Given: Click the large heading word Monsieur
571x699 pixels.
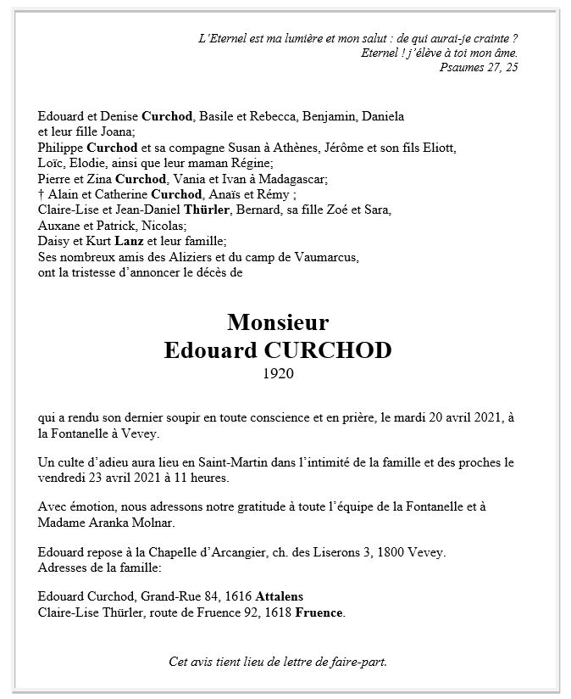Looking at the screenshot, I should pyautogui.click(x=278, y=322).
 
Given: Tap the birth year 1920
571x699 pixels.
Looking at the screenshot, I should pyautogui.click(x=278, y=374).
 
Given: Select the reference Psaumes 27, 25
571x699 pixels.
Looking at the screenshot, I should pyautogui.click(x=479, y=68).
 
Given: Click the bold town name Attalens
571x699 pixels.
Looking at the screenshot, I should pyautogui.click(x=276, y=596).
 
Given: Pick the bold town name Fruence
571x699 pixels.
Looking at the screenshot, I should pyautogui.click(x=319, y=612).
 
